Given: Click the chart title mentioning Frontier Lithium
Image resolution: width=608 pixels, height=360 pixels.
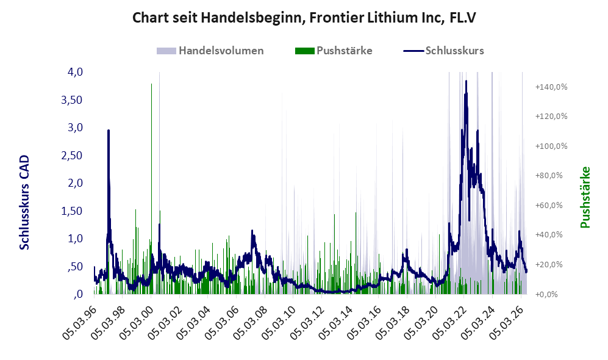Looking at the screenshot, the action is (x=304, y=18).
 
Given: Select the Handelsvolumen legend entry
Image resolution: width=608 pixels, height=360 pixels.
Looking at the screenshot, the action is (x=210, y=51).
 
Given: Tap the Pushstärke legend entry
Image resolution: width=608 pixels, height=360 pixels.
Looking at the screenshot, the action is (x=334, y=51).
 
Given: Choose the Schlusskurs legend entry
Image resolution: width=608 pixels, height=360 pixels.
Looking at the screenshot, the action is (x=443, y=51).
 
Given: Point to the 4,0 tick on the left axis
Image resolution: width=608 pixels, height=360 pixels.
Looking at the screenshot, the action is (x=76, y=72).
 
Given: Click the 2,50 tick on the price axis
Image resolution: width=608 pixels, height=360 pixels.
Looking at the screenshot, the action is (x=72, y=155).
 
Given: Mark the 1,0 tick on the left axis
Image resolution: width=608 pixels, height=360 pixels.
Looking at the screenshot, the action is (x=76, y=239).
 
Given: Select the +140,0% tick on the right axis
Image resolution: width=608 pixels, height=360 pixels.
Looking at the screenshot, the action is (x=551, y=87).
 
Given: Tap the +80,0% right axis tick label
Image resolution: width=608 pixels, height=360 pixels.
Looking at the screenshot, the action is (x=549, y=176).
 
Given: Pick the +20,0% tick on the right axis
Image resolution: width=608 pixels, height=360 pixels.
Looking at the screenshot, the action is (x=549, y=265).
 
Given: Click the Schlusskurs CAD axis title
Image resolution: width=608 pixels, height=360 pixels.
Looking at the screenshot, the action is (x=24, y=203).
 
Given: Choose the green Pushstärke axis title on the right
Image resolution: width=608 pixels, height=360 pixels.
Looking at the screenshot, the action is (x=585, y=198).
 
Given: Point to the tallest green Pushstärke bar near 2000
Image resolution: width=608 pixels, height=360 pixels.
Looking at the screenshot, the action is (x=151, y=189).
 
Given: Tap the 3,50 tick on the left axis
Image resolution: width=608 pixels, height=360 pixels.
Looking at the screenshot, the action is (x=72, y=99).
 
